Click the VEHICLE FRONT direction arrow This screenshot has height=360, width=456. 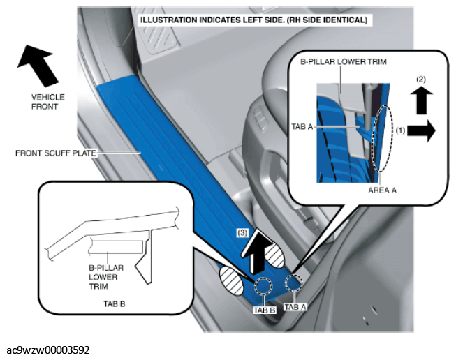38,66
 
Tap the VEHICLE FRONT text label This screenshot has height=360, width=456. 48,102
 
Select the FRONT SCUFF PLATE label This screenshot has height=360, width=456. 56,153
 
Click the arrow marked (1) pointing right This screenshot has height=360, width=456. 421,130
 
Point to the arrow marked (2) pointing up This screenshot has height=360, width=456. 421,100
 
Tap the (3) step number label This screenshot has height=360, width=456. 242,233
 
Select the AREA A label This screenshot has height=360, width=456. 382,190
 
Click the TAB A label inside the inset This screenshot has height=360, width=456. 302,127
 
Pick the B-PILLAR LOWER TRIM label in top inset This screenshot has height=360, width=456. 343,61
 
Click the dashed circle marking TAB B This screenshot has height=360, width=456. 263,285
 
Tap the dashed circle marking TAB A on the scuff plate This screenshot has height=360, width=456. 294,282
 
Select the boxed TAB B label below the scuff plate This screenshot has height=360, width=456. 265,310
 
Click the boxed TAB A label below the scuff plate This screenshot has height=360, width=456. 295,307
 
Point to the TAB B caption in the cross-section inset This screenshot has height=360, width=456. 115,304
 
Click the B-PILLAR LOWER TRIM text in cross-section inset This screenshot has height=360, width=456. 106,277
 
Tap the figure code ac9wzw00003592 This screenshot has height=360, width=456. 48,350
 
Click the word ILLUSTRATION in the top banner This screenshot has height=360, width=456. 169,20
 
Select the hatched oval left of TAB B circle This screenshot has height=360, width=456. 231,280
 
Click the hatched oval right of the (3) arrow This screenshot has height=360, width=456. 274,255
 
